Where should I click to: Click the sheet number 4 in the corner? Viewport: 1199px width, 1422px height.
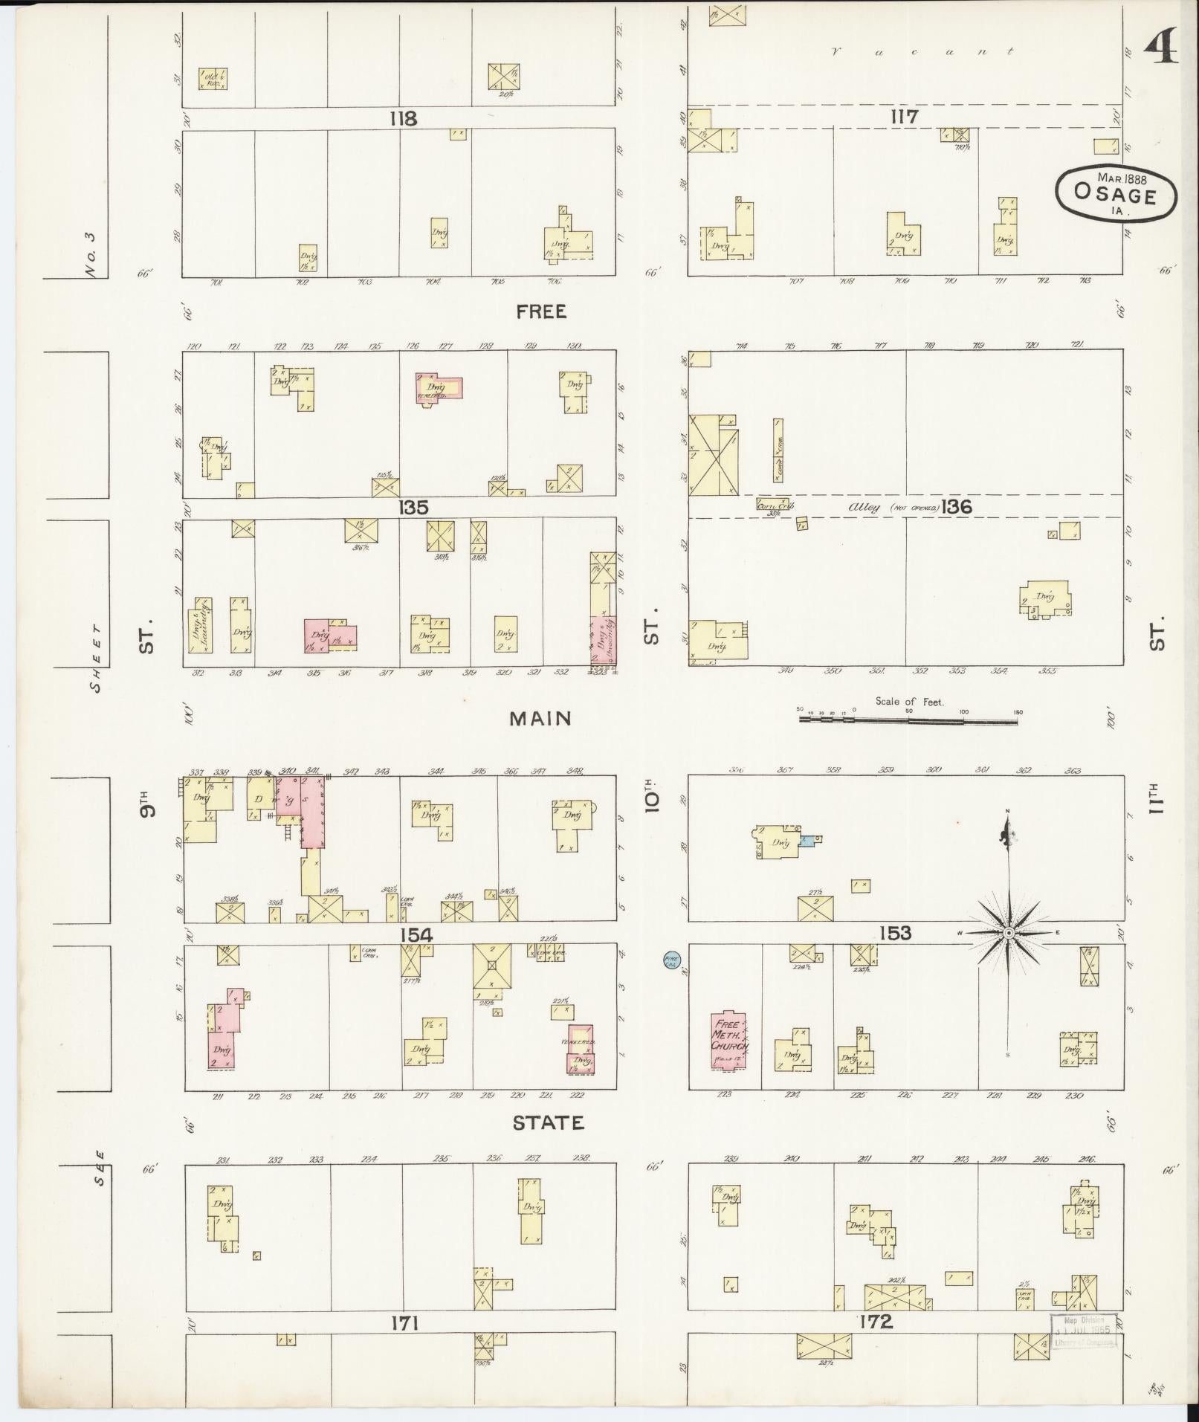coord(1160,50)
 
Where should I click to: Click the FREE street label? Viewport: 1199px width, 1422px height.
coord(541,311)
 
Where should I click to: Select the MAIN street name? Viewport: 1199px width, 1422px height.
coord(540,718)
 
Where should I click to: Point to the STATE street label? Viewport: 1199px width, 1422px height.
coord(548,1122)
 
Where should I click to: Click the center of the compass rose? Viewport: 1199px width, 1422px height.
coord(1009,932)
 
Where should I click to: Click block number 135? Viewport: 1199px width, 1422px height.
coord(413,507)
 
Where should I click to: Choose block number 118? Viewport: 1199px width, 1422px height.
coord(402,118)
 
